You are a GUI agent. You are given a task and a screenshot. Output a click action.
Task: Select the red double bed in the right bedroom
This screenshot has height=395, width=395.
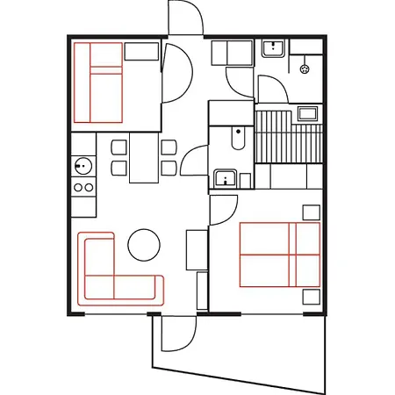coord(280,255)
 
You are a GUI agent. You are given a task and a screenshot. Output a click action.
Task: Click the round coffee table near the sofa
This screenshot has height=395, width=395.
coord(144,245)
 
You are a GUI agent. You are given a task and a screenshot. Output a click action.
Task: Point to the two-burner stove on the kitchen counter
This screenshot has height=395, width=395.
coord(84,187)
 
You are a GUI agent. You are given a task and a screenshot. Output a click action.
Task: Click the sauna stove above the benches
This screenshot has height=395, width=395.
coord(307,111)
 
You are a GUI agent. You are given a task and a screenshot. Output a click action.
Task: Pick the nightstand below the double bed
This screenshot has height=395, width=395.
coord(311,298)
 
